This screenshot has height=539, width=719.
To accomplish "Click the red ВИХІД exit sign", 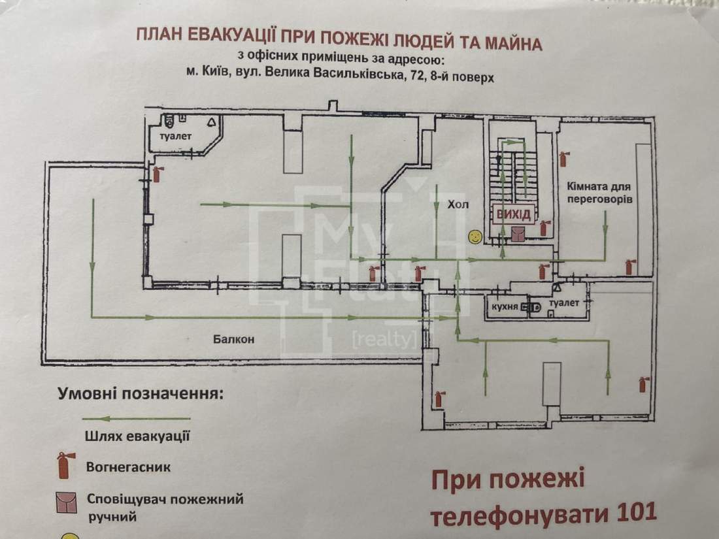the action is click(x=514, y=214).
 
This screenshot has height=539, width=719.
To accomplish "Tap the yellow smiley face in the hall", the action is click(x=475, y=237).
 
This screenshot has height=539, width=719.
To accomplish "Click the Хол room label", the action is click(x=458, y=204).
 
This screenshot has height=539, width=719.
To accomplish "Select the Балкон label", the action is click(x=233, y=339).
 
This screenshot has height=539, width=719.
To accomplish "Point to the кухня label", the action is click(x=505, y=306).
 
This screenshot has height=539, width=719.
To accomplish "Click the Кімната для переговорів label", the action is click(x=599, y=193).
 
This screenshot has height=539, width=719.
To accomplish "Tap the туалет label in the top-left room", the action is click(x=176, y=136).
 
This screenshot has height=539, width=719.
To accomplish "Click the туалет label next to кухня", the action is click(x=565, y=303).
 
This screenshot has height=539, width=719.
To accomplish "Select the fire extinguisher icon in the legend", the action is click(x=64, y=465).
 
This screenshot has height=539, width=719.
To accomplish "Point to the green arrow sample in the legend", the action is click(x=136, y=418).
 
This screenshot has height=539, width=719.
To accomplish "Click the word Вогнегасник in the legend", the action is click(x=128, y=467).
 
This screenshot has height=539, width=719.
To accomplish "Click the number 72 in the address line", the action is click(x=417, y=75).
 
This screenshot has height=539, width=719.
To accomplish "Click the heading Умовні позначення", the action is click(x=141, y=394).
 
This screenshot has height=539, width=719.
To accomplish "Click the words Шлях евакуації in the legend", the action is click(x=137, y=436).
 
